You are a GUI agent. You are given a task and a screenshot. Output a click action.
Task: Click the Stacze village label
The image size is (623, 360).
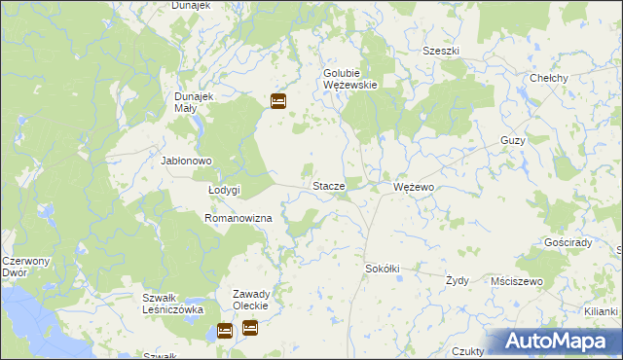(328, 185)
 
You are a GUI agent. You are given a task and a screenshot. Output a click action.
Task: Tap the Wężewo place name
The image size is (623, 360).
(414, 185)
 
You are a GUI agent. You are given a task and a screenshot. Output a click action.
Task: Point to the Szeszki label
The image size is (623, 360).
(441, 52)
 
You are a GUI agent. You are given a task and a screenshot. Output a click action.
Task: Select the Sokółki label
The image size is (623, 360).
(383, 268)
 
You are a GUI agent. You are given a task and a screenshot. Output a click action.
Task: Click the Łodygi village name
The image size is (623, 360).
(224, 191)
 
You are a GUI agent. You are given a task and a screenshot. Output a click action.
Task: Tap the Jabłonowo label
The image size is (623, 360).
(186, 162)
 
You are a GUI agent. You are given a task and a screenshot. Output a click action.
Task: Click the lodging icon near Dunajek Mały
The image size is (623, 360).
(278, 100)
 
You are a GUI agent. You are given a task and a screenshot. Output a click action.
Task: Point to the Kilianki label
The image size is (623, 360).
(602, 310)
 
